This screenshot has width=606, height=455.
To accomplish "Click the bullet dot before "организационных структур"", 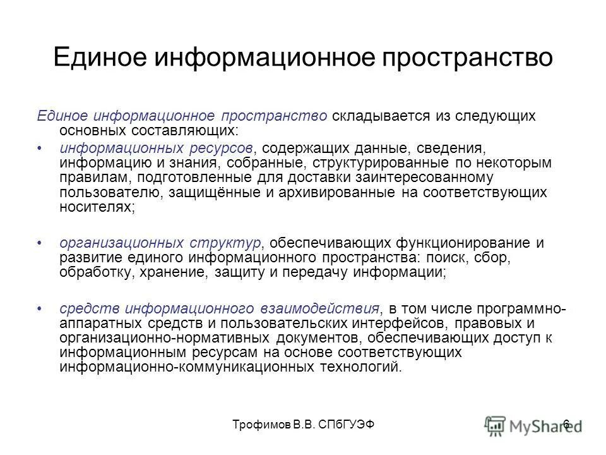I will coord(41,243).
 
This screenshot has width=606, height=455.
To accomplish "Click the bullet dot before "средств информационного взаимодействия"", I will coord(41,309).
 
